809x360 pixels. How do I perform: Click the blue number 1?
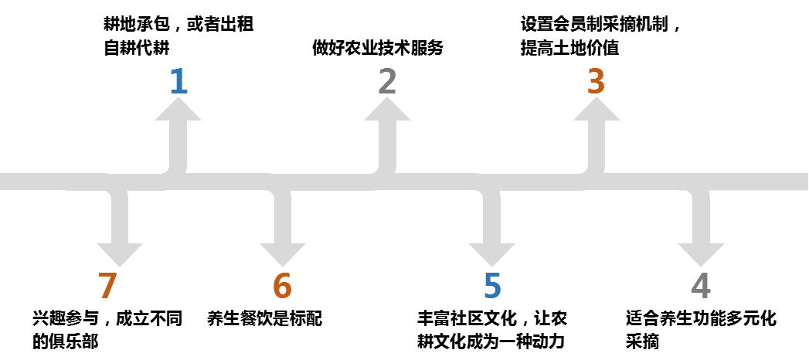tap(178, 82)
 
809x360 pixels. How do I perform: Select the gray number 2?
tap(387, 82)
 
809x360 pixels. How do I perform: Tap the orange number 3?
tap(596, 82)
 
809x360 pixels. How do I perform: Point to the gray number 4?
tap(700, 287)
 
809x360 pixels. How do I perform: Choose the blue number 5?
tap(492, 287)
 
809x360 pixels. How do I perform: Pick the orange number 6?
tap(282, 287)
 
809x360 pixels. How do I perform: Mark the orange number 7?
tap(107, 287)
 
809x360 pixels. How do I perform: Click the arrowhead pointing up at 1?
tap(178, 110)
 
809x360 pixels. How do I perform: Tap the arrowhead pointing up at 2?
tap(387, 110)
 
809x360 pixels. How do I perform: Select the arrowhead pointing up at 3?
tap(597, 110)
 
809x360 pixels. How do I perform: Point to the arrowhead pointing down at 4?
tap(701, 254)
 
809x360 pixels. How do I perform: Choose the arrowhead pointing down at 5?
tap(491, 254)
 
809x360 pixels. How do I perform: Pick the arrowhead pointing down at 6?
tap(283, 254)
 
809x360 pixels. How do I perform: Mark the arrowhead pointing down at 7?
tap(120, 254)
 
